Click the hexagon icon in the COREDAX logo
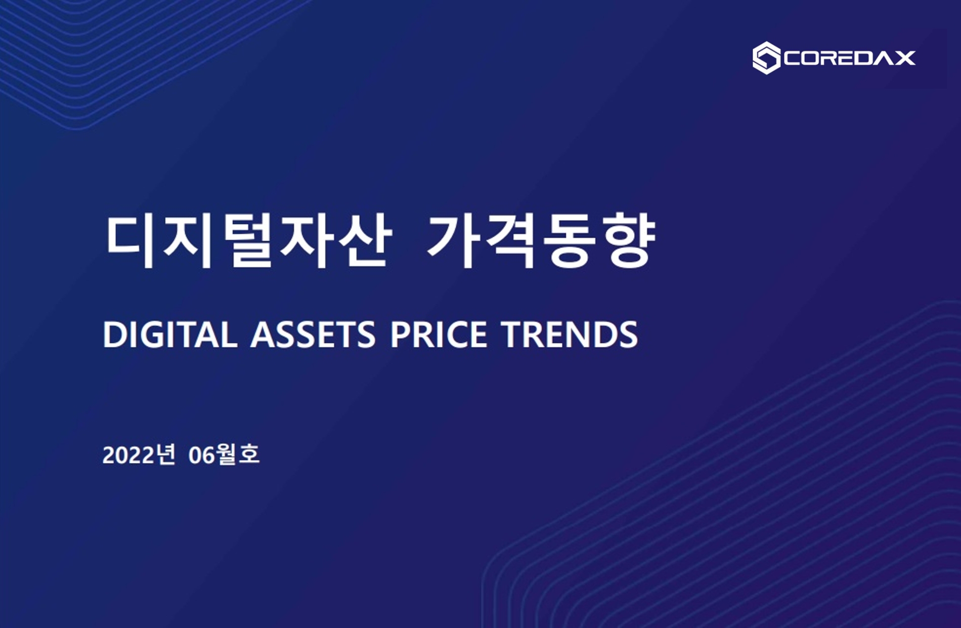click(766, 58)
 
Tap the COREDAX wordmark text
click(850, 58)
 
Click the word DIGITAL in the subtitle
click(170, 334)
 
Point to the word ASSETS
click(313, 334)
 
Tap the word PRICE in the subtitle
click(439, 334)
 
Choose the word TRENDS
click(570, 334)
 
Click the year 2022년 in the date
click(139, 454)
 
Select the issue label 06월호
click(224, 454)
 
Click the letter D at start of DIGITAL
click(114, 334)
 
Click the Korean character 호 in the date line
click(249, 454)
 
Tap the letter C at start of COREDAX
click(793, 58)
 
